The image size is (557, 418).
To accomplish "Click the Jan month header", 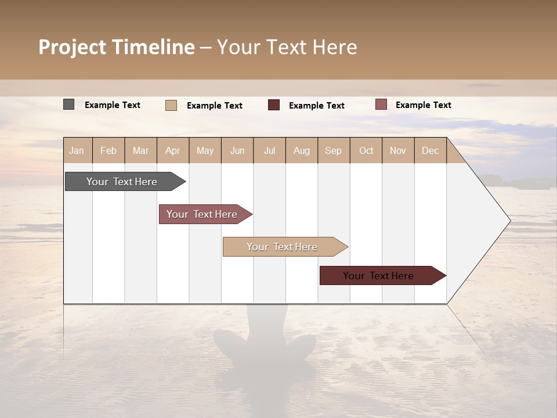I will point(77,150).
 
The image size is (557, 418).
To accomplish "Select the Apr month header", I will point(173,150).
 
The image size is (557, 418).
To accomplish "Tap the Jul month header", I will point(269,150).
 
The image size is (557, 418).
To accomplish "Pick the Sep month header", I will point(334,150).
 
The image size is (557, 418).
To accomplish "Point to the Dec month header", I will point(430,150).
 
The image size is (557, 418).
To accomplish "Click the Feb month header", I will point(108,150).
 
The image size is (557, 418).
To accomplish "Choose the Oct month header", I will point(366,150).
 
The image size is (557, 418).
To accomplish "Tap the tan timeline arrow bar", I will point(283,247).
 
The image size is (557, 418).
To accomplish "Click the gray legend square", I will point(69,105).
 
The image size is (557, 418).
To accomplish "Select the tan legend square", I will point(171,105).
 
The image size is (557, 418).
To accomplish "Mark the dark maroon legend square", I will point(274,105).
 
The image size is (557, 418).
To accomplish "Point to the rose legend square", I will point(381,105).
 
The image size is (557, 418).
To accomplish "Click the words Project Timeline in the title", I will point(117,47).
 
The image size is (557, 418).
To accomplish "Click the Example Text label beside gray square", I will point(113,105).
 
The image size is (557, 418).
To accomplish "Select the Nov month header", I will point(398,150).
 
